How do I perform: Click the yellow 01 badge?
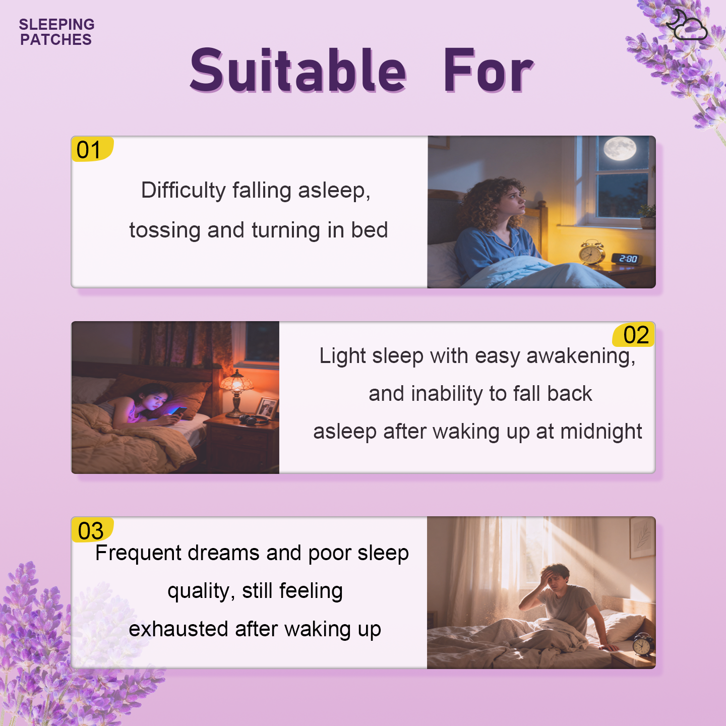pos(92,149)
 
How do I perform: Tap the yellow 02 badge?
pos(634,335)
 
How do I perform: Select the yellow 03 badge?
pos(92,530)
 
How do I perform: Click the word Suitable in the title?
pos(298,71)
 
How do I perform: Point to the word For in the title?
pos(488,71)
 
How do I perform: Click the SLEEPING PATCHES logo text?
pos(56,32)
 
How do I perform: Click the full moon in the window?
pos(620,148)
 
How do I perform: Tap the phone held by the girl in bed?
pos(179,411)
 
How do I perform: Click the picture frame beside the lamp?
pos(266,407)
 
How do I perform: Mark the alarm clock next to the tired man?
pos(643,644)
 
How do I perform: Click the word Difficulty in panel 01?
pos(183,190)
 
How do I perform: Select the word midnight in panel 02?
pos(601,432)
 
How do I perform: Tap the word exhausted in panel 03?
pos(178,629)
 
